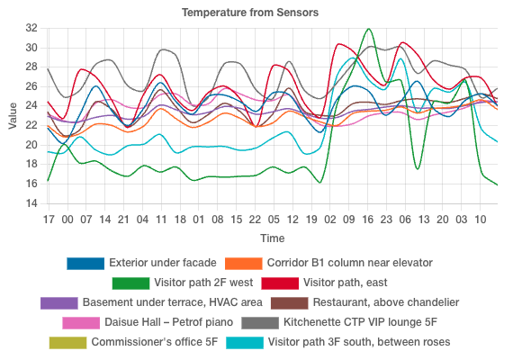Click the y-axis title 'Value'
(13, 115)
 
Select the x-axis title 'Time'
(273, 238)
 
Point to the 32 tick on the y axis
(31, 28)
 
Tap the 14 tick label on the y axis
(31, 203)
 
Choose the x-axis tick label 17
(48, 219)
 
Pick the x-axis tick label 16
(367, 219)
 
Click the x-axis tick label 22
(255, 219)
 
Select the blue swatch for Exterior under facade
(85, 264)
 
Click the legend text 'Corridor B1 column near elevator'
(350, 264)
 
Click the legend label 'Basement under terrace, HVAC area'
(172, 303)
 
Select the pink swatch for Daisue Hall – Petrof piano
(80, 322)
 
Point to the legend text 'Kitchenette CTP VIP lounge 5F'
(360, 322)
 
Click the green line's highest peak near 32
(368, 29)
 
